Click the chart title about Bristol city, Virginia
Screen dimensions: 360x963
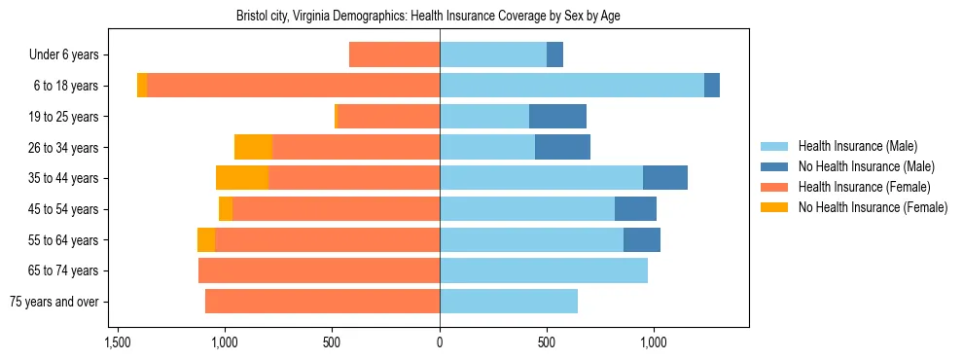tap(428, 17)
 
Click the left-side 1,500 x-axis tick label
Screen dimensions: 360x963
tap(118, 342)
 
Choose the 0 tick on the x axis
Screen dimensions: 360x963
tap(440, 342)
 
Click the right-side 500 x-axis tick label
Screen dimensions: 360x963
tap(547, 342)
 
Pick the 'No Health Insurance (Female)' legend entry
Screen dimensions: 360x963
tap(873, 207)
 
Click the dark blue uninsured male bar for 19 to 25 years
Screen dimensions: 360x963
tap(557, 117)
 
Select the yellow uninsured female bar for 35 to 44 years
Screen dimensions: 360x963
tap(242, 178)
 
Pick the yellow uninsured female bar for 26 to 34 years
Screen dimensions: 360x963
tap(254, 147)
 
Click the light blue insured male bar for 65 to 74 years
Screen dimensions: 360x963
tap(544, 270)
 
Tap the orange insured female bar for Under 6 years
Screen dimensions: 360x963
tap(394, 55)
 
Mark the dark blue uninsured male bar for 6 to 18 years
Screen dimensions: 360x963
tap(712, 86)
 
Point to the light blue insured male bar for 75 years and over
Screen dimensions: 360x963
tap(509, 302)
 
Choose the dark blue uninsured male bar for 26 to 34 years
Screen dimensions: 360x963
tap(562, 147)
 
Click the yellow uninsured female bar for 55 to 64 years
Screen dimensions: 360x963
tap(206, 239)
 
